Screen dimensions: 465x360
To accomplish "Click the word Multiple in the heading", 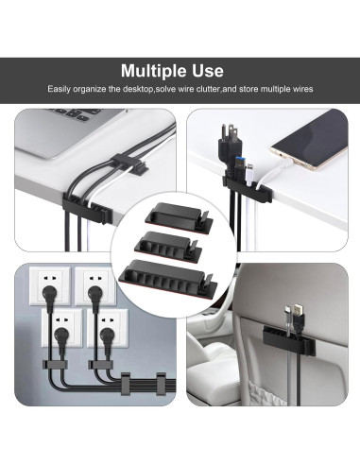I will point(157,71).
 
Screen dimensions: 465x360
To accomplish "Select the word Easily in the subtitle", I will point(61,89).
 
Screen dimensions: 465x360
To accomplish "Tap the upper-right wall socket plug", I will point(95,294).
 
